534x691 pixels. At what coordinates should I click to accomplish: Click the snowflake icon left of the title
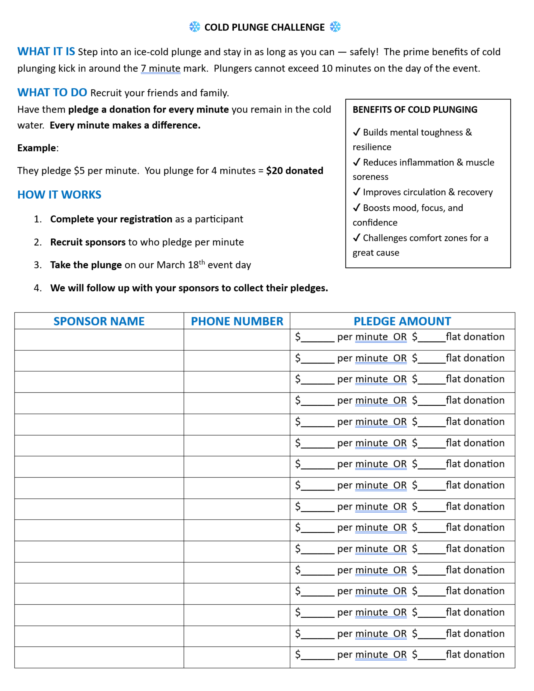click(195, 27)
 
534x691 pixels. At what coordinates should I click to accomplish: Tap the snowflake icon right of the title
click(335, 27)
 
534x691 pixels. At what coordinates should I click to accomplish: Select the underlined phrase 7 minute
click(161, 68)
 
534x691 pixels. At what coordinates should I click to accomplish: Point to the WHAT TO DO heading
click(52, 92)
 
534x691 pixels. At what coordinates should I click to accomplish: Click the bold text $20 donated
click(295, 171)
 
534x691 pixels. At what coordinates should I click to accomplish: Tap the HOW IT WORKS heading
click(59, 195)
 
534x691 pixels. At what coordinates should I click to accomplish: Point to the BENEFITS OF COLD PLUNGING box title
click(415, 110)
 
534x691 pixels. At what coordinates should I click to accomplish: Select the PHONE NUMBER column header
click(237, 321)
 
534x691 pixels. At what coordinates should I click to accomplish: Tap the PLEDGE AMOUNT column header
click(402, 321)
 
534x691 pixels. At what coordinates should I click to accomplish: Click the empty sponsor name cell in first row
click(99, 339)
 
